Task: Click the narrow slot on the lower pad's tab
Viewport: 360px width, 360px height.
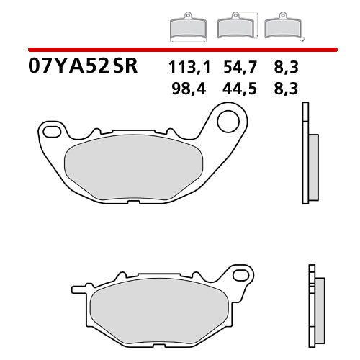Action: (79, 291)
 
